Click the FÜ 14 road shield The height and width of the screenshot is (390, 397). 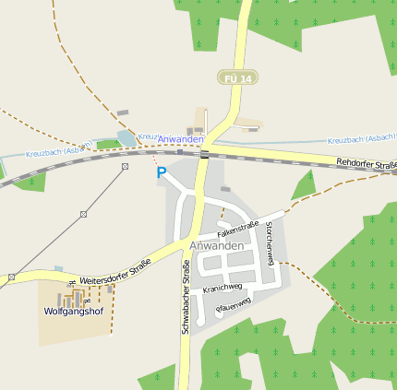coord(236,79)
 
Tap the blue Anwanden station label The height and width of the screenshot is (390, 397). coord(180,139)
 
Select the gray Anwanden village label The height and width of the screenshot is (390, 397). coord(216,246)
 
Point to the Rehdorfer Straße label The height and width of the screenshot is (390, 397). coord(367,164)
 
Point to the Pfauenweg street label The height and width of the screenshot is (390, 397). coord(233,305)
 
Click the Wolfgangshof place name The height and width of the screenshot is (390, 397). coord(71,312)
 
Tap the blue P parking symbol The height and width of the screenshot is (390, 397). coord(162,172)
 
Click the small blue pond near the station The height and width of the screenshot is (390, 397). coord(125,139)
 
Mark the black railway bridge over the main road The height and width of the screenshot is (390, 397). coord(205,153)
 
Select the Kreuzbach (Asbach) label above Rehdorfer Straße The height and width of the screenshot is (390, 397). coord(362,139)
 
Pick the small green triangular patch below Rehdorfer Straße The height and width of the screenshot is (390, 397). coord(303,186)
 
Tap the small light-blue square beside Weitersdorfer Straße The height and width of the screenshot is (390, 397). coord(59,267)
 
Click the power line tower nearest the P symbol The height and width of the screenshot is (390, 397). coord(125,166)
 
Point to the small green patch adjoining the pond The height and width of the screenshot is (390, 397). coord(107,145)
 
